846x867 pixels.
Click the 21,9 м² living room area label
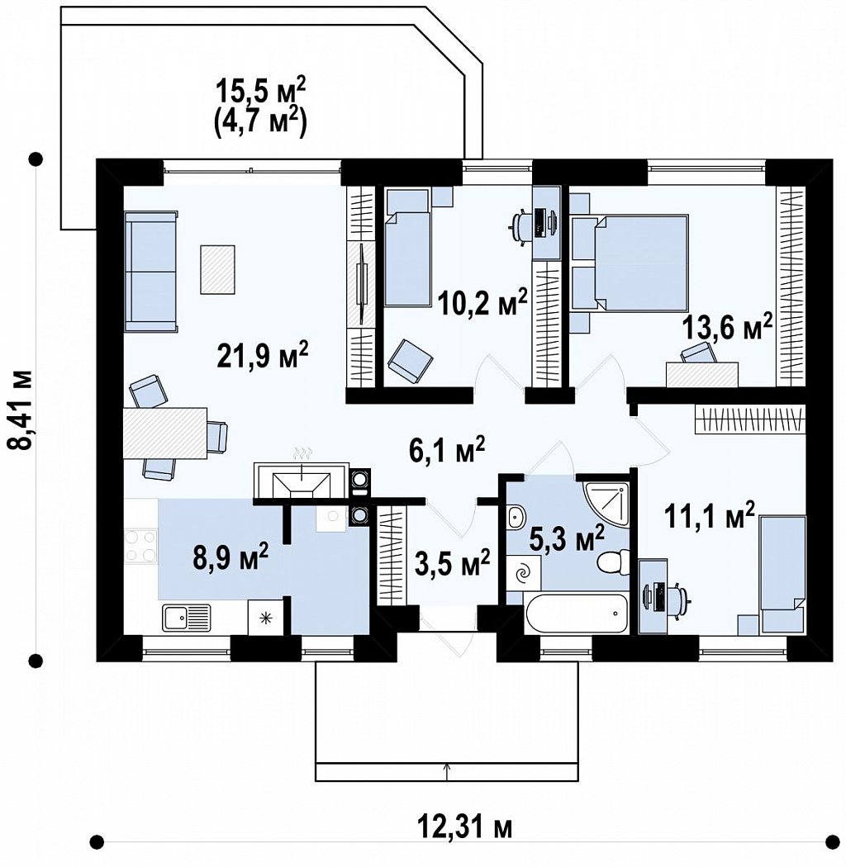click(262, 355)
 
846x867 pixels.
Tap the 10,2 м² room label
click(482, 301)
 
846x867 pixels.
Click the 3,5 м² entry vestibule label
click(452, 562)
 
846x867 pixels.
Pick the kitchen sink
click(187, 617)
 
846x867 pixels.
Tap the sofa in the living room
click(151, 271)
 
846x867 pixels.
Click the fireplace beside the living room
click(302, 480)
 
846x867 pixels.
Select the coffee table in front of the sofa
click(217, 269)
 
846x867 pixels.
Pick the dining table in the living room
click(165, 433)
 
